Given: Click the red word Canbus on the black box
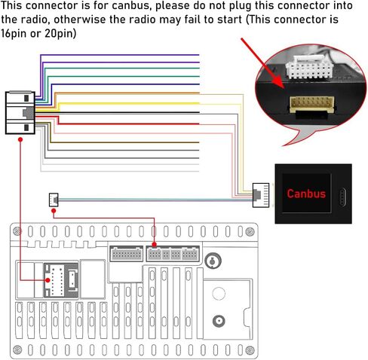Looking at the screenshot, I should [x=306, y=194].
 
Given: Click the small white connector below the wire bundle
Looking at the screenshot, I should [x=54, y=199].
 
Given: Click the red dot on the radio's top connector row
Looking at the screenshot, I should [x=155, y=245].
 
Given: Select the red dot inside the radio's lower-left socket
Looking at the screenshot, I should [x=49, y=279].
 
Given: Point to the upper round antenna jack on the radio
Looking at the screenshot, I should [x=213, y=261].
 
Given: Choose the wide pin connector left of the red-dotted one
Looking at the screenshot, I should [x=125, y=254].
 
